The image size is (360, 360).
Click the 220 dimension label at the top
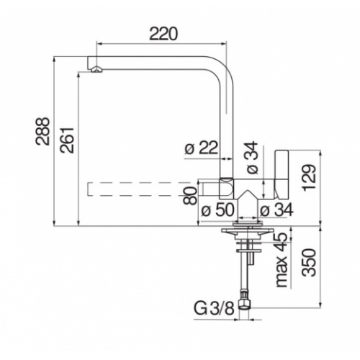pos(164,32)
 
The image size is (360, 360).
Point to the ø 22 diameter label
pos(202,148)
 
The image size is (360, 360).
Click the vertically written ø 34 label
pos(251,158)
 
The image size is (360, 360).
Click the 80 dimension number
pos(190,194)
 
